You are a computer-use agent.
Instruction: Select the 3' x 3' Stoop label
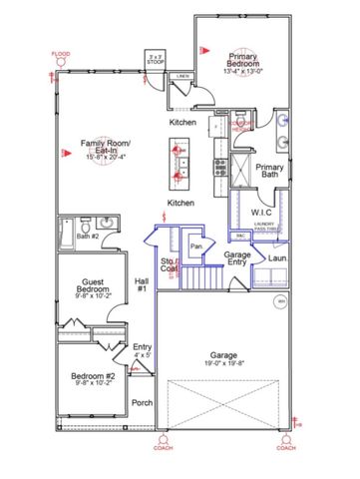point(156,58)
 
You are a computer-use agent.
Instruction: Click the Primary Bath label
point(270,172)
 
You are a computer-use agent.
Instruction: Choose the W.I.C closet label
point(262,213)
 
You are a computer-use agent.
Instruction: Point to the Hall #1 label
point(142,285)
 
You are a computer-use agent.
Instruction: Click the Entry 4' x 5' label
point(143,350)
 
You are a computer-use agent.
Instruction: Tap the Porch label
point(143,403)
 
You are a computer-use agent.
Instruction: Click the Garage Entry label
point(237,259)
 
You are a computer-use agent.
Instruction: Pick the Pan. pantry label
point(197,245)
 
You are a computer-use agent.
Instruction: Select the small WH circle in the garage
point(281,298)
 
